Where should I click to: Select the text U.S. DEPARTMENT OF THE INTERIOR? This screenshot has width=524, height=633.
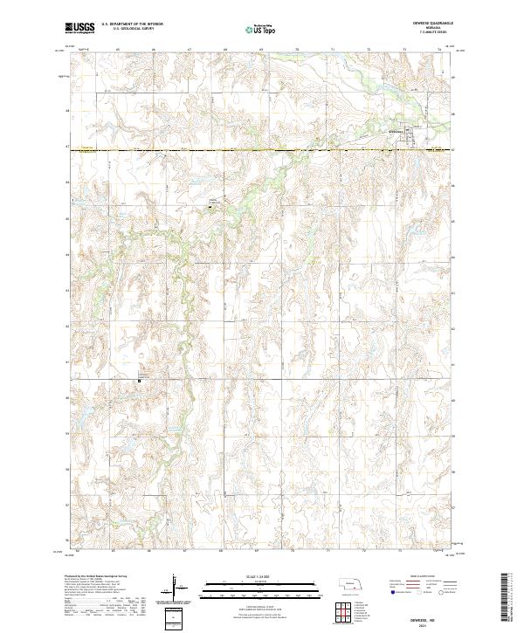[132, 24]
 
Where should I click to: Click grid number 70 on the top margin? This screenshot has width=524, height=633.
[297, 51]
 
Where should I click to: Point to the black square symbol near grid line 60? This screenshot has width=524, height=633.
[139, 380]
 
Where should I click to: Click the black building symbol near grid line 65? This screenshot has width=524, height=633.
[210, 206]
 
